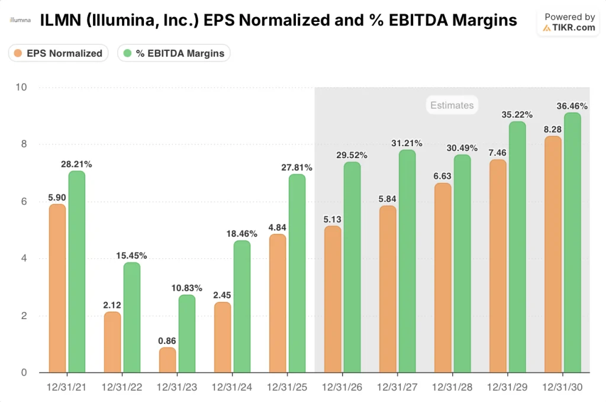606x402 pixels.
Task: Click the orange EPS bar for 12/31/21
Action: coord(57,288)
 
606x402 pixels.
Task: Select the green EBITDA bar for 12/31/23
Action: coord(187,334)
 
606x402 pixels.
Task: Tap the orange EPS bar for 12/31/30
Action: coord(553,255)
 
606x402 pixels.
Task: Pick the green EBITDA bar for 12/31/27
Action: coord(407,261)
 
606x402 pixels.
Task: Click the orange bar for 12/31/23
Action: coord(167,360)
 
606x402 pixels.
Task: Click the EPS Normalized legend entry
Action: coord(58,53)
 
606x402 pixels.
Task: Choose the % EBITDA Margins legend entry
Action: coord(174,53)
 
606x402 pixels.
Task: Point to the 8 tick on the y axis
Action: coord(24,144)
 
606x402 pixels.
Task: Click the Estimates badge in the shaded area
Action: coord(452,105)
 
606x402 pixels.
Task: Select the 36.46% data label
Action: coord(572,106)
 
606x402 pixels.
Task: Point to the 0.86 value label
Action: coord(167,340)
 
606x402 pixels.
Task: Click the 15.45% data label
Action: coord(131,256)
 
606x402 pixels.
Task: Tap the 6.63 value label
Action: coord(443,176)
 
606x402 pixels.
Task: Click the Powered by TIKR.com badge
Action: coord(569,22)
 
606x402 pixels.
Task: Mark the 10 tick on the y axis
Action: coord(22,88)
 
